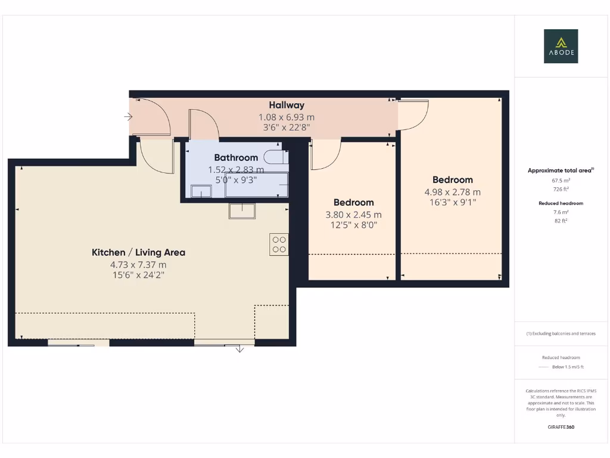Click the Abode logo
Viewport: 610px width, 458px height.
[x=561, y=47]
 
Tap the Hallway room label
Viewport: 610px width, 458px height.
[x=286, y=106]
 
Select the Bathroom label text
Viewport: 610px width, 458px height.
[x=236, y=158]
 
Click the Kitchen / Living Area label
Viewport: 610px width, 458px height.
[x=138, y=252]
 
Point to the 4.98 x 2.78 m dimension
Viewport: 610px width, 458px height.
[x=452, y=192]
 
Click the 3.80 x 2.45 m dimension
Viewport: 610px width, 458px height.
[x=353, y=215]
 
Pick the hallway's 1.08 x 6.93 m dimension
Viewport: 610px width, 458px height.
[x=286, y=117]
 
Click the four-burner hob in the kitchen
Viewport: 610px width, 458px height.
[x=279, y=244]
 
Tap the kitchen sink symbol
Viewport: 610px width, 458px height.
[x=242, y=211]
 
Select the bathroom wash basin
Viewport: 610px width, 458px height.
[x=201, y=191]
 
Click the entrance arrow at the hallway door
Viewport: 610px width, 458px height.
[x=128, y=117]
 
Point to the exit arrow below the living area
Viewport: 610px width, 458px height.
[x=239, y=348]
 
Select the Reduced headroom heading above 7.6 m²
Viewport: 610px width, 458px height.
[x=561, y=203]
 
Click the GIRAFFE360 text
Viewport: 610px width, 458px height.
[x=561, y=427]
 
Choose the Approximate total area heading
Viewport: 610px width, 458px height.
[x=560, y=171]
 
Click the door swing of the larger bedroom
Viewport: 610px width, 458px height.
[x=413, y=114]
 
